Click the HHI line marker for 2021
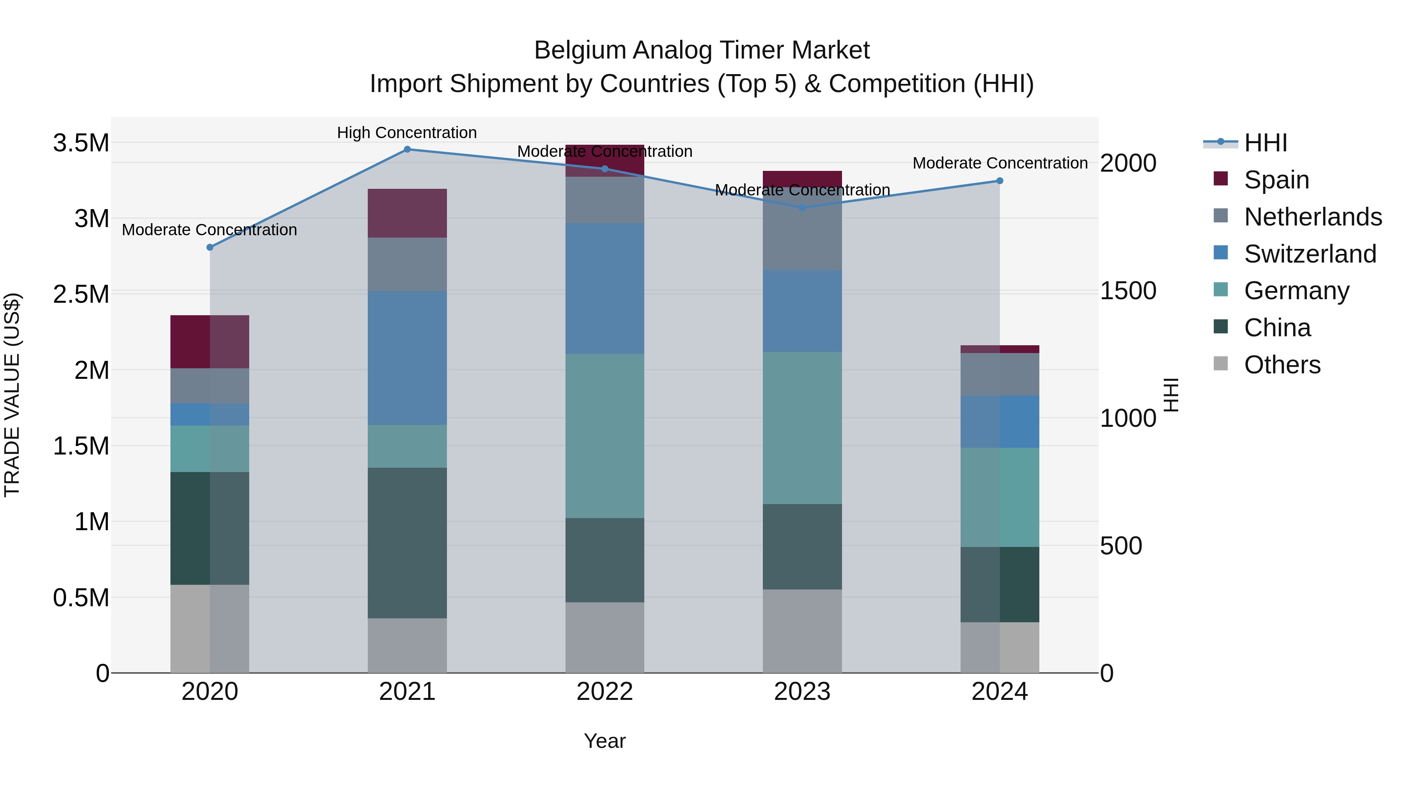[x=407, y=149]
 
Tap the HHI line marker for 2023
[x=802, y=208]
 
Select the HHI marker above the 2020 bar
[x=210, y=247]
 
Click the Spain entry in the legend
[x=1276, y=179]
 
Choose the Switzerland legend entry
[x=1310, y=254]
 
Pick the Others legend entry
[x=1282, y=364]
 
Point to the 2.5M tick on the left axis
[x=81, y=295]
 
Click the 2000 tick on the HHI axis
[x=1127, y=163]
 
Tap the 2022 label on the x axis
[x=604, y=692]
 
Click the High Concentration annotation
[x=407, y=133]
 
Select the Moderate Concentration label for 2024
[x=1000, y=163]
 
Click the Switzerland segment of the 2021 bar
[x=407, y=358]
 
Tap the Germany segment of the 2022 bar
[x=604, y=436]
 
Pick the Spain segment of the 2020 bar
[x=210, y=341]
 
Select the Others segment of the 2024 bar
[x=1000, y=647]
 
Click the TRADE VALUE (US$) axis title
[x=12, y=395]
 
